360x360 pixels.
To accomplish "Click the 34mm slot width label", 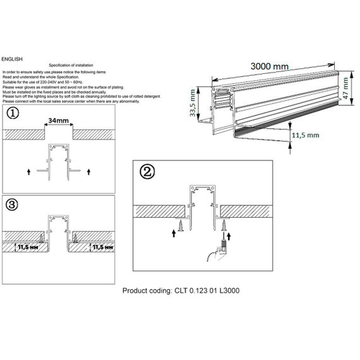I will [59, 119].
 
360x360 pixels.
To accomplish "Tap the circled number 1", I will [13, 114].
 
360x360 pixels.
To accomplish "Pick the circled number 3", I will [13, 204].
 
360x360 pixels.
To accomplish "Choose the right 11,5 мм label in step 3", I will [102, 248].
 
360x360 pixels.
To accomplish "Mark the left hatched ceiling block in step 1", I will [24, 135].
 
